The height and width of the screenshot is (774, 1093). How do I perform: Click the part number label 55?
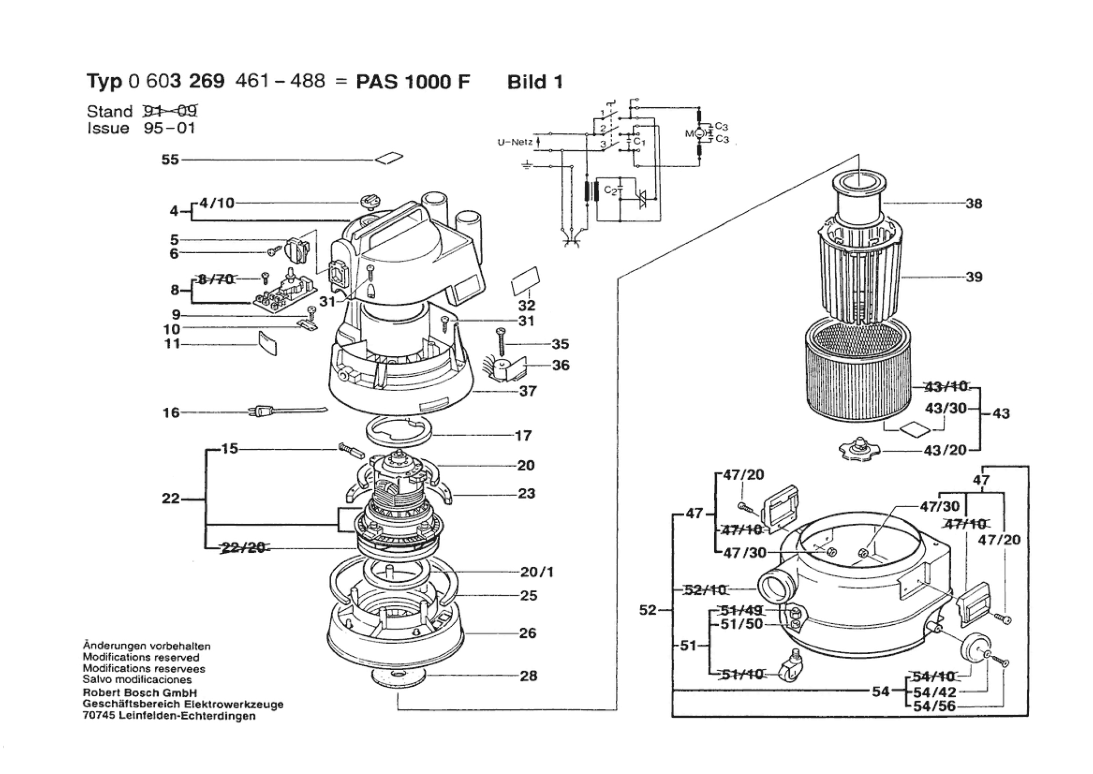tap(170, 159)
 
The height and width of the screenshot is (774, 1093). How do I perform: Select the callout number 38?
tap(974, 203)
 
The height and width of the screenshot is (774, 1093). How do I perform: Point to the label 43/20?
tap(946, 450)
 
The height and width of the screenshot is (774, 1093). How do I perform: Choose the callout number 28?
tap(529, 676)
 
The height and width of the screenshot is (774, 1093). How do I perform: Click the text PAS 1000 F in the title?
tap(413, 82)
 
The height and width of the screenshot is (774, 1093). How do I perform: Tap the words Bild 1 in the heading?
tap(535, 82)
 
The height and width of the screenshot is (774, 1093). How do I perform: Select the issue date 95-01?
tap(169, 128)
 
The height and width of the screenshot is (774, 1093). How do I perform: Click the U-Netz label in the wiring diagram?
tap(515, 142)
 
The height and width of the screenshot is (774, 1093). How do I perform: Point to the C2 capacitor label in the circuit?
tap(610, 190)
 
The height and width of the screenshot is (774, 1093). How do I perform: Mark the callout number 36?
tap(561, 365)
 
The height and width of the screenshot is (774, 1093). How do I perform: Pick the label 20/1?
tap(537, 572)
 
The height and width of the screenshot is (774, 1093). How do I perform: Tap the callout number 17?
tap(523, 436)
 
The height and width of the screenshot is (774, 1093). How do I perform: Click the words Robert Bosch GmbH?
tap(140, 693)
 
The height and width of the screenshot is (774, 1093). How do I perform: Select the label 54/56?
tap(934, 706)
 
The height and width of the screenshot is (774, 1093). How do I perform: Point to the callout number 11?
tap(172, 344)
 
